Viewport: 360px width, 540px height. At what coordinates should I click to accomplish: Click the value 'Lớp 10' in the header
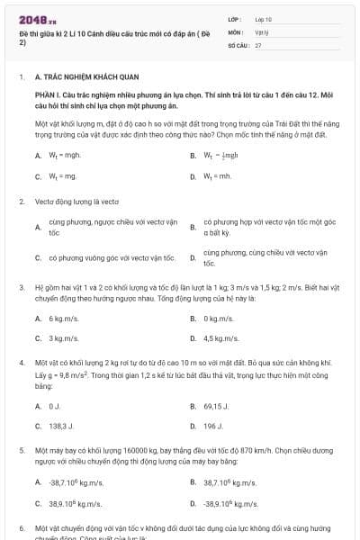pos(264,18)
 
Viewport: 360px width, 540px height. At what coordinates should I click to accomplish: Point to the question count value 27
pos(258,44)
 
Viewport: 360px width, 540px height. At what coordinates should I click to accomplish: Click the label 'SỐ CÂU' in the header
pos(238,44)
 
